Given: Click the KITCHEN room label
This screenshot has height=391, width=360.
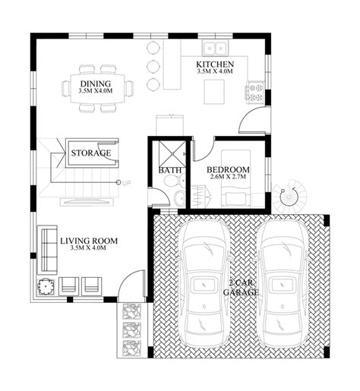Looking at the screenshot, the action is [215, 65].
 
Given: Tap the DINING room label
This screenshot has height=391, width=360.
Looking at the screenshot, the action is [96, 84].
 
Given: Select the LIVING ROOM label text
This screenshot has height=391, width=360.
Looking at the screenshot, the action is [89, 241].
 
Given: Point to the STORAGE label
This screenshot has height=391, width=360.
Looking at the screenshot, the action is [91, 153].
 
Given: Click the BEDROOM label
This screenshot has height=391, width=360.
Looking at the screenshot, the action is [228, 169].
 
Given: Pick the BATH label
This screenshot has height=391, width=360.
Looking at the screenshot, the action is [170, 170].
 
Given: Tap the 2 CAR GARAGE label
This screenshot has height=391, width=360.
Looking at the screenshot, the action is [242, 288].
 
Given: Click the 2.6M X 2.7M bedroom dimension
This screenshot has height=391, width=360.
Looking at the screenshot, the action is [228, 177].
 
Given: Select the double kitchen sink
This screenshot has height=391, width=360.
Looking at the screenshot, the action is [216, 48].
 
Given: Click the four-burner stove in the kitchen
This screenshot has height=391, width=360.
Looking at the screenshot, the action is [255, 93].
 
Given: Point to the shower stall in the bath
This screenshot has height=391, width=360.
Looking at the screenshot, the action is [172, 153].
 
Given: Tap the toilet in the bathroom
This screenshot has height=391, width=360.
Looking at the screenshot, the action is [173, 181].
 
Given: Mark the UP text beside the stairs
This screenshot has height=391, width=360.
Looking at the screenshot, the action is [127, 183].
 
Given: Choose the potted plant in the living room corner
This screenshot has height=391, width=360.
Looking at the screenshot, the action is [46, 286].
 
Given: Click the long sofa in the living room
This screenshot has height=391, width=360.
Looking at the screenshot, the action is [47, 249].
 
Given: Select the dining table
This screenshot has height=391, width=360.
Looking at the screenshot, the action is [97, 88].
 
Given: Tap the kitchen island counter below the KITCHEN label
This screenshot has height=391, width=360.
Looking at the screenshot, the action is [214, 92].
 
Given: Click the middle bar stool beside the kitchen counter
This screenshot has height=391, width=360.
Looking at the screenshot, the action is [153, 66].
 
